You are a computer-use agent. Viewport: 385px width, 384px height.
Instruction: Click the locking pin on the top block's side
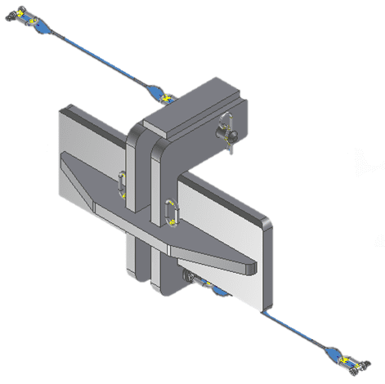pyautogui.click(x=228, y=133)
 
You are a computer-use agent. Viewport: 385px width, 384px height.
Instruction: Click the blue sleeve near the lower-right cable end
pyautogui.click(x=334, y=351)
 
